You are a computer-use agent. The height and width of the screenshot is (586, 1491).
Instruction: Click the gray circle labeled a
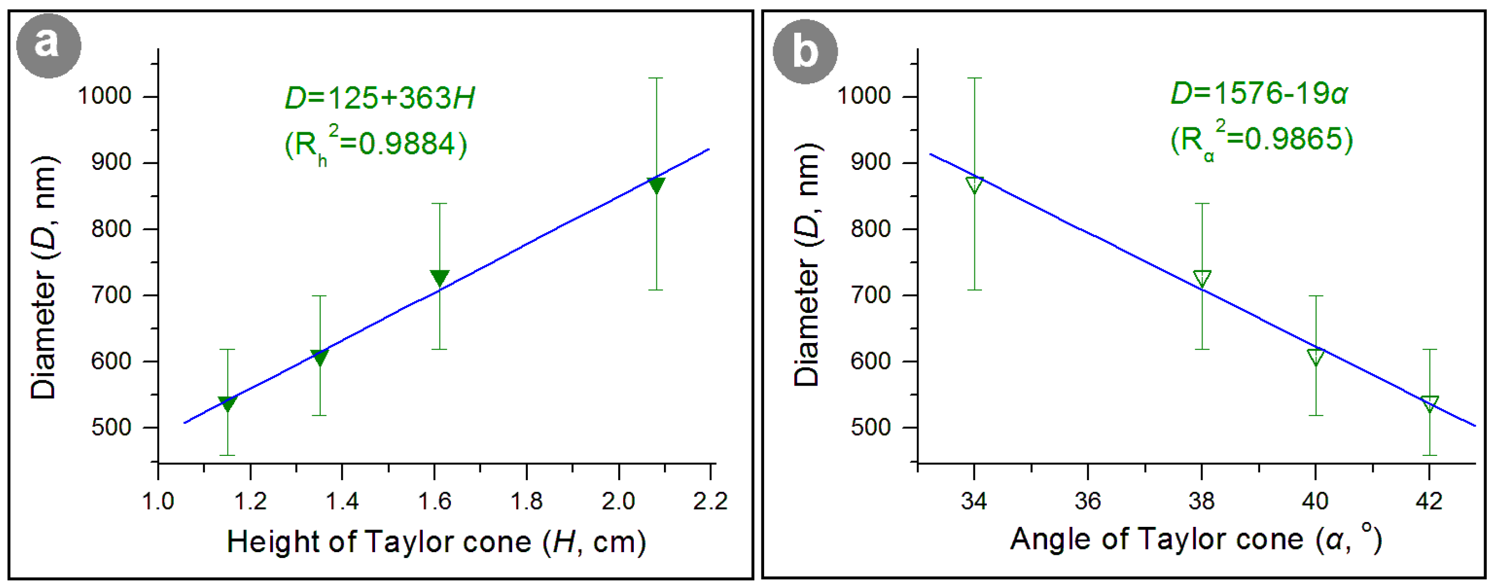[x=48, y=46]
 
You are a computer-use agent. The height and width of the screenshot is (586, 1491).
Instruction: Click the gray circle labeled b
[x=805, y=52]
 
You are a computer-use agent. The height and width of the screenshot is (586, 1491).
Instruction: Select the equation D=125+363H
[x=380, y=98]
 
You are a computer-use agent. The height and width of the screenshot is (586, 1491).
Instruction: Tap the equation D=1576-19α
[x=1260, y=93]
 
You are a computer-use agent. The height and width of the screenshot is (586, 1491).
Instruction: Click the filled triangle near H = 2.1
[x=656, y=185]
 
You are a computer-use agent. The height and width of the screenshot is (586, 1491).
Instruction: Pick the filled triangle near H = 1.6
[x=439, y=277]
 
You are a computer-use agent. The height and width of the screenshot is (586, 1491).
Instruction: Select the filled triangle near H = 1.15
[x=228, y=403]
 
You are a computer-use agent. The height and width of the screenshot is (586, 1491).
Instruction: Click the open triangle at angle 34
[x=974, y=185]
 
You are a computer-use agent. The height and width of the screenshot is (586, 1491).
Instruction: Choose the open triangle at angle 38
[x=1202, y=278]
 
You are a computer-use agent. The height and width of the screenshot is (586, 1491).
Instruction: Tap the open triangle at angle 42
[x=1430, y=403]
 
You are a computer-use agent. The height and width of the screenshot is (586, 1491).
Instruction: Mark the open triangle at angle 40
[x=1316, y=358]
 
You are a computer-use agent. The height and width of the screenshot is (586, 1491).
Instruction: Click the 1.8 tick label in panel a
[x=526, y=501]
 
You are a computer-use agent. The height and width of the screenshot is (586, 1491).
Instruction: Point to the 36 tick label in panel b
[x=1087, y=501]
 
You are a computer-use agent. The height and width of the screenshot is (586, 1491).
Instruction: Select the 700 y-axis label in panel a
[x=112, y=295]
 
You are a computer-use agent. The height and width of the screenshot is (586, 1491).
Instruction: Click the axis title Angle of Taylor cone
[x=1196, y=539]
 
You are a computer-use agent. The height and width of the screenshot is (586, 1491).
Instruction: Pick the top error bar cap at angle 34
[x=974, y=78]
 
